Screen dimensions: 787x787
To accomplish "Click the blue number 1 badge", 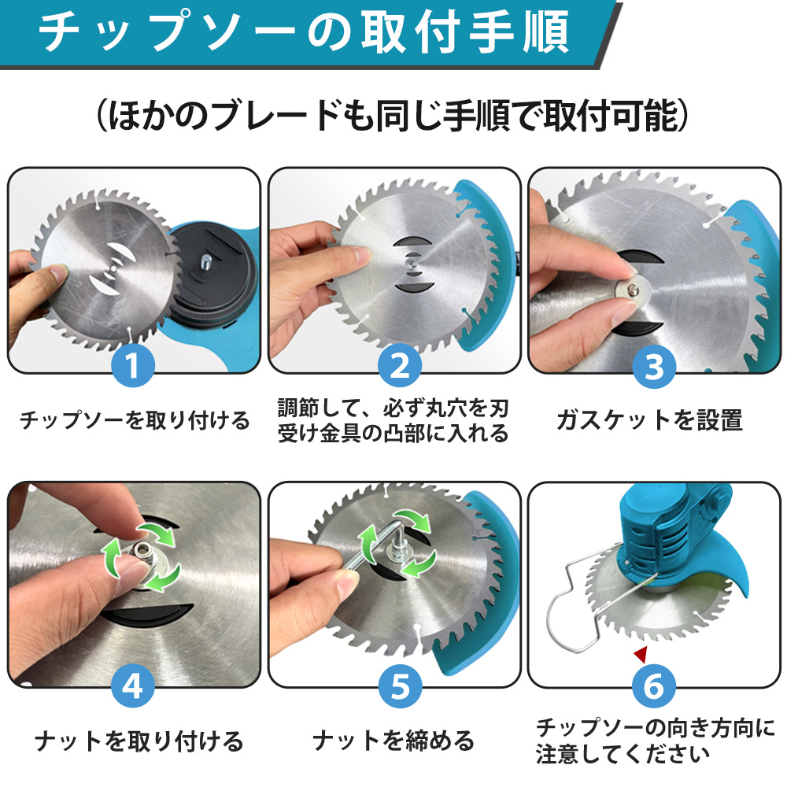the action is (132, 365).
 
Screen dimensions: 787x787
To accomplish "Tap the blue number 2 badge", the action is (400, 365).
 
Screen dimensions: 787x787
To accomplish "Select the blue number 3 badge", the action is (654, 367).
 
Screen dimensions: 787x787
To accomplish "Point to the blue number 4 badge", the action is (132, 686).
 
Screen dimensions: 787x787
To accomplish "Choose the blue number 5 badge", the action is (400, 686).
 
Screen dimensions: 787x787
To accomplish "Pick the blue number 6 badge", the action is (653, 686).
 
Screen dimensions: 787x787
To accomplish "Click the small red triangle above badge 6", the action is (641, 654).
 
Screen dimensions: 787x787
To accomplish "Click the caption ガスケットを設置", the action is (649, 420).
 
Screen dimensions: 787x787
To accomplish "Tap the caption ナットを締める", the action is (393, 741).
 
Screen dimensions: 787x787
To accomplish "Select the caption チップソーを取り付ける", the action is (135, 420).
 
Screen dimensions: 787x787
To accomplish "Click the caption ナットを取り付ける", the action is (139, 741).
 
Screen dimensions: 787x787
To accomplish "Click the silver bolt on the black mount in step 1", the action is (205, 261).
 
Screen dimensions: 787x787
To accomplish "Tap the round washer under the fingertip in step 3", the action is (631, 290).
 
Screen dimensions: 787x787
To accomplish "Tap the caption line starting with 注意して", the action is (623, 754).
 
